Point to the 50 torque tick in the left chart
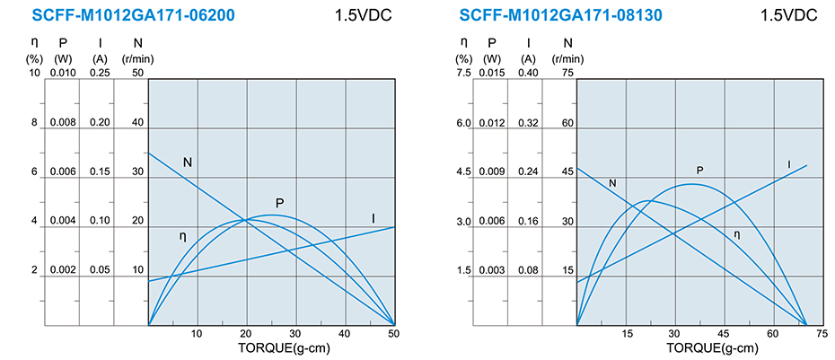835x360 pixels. (393, 334)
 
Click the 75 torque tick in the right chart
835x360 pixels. (821, 334)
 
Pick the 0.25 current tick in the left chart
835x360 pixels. (101, 73)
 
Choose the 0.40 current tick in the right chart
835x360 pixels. (529, 73)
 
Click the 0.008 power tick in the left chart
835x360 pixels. (63, 122)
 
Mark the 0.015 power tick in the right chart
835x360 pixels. (491, 73)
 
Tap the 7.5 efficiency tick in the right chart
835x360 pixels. (462, 73)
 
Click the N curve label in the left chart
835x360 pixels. (188, 162)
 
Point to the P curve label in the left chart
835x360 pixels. (280, 203)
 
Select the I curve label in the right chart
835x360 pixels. (789, 164)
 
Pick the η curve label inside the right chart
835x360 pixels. (737, 234)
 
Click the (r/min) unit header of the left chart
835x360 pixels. (137, 59)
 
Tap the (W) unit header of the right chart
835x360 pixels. (491, 59)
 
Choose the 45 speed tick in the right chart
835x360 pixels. (567, 171)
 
